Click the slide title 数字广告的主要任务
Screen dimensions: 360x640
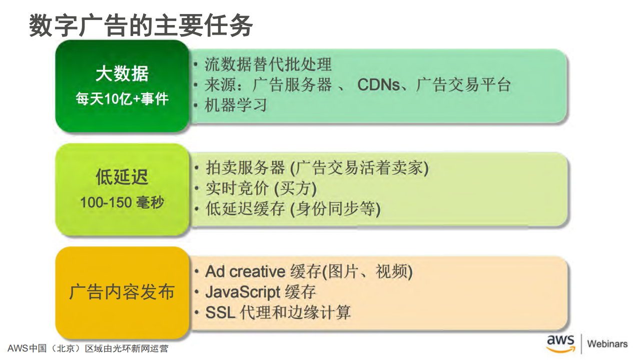(x=141, y=26)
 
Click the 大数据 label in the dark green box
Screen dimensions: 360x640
(x=122, y=74)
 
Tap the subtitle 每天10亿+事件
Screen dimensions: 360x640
(x=122, y=99)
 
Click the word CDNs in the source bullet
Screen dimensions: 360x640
(x=378, y=85)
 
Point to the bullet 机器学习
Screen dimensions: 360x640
(x=236, y=105)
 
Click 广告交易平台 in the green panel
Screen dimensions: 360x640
(x=463, y=85)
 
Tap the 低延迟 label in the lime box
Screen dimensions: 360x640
(x=122, y=177)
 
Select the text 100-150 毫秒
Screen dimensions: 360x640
(x=122, y=202)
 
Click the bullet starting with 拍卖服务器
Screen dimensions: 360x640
(x=317, y=168)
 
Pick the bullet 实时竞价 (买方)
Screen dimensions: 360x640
(x=261, y=188)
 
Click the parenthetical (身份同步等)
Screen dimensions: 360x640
(x=335, y=209)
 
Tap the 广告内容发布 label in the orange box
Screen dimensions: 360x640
(x=122, y=292)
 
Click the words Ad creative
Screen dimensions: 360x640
(x=245, y=271)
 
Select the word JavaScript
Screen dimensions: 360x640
(x=243, y=292)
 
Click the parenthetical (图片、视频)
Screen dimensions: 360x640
(x=367, y=271)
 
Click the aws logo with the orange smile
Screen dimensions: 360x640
(x=560, y=343)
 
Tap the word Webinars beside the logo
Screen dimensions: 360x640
(x=607, y=344)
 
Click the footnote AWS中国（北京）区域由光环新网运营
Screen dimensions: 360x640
(x=88, y=348)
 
